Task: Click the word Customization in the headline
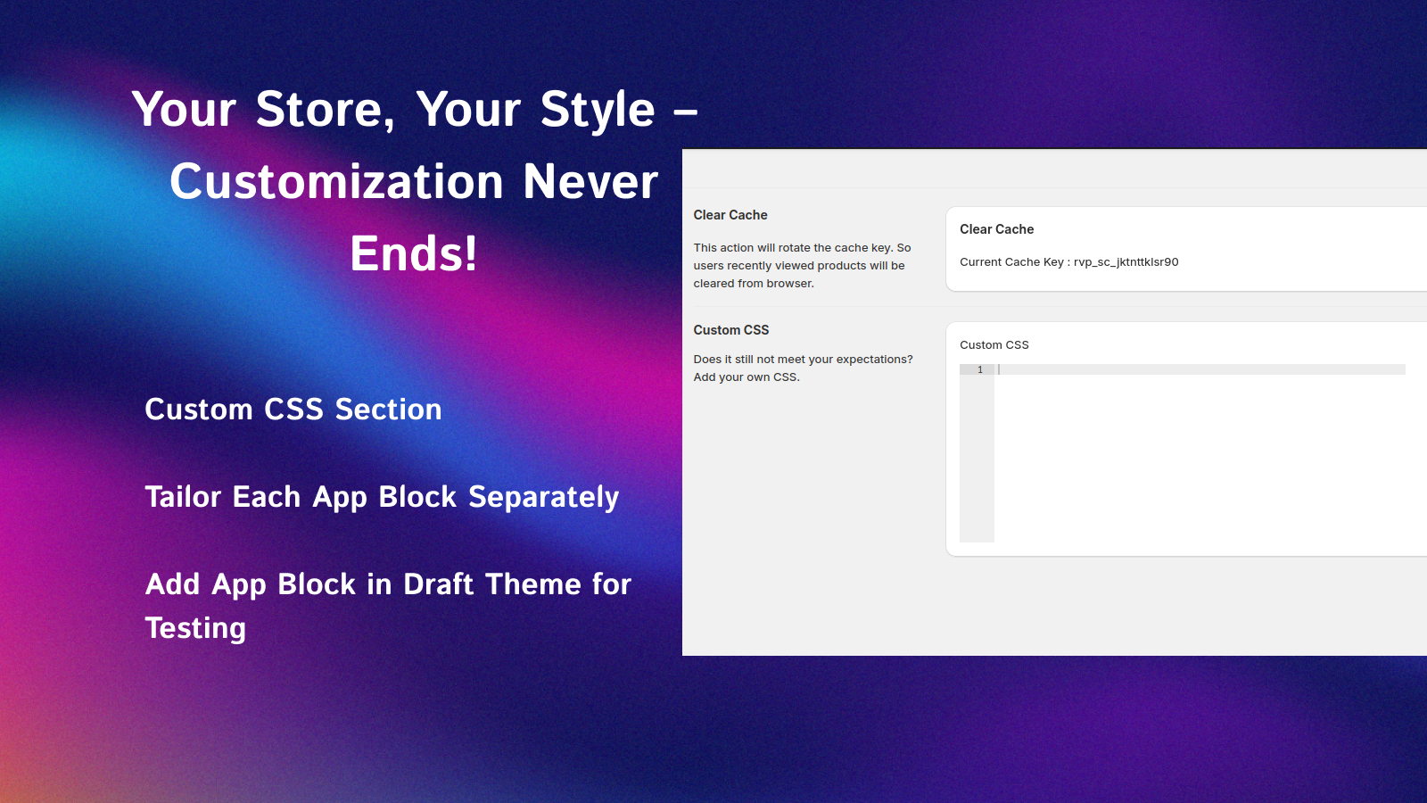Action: click(x=337, y=182)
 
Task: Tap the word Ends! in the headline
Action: click(x=414, y=253)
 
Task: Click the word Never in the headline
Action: click(x=590, y=182)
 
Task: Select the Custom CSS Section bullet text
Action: click(x=293, y=410)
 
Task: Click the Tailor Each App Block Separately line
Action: click(x=382, y=497)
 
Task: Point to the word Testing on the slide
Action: click(x=195, y=628)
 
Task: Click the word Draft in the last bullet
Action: click(x=439, y=584)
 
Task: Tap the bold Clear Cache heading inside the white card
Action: click(x=996, y=229)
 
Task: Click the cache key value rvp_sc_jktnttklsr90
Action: click(x=1126, y=262)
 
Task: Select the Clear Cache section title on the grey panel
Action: click(x=730, y=215)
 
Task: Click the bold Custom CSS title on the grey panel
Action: click(x=731, y=330)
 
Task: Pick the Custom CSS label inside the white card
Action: click(x=994, y=345)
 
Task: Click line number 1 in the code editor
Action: click(x=979, y=369)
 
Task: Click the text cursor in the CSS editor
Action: click(x=999, y=369)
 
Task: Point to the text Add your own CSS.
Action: click(x=746, y=377)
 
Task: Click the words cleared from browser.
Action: click(x=754, y=284)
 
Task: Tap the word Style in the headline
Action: click(x=598, y=110)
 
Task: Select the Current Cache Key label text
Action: click(x=1011, y=262)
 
